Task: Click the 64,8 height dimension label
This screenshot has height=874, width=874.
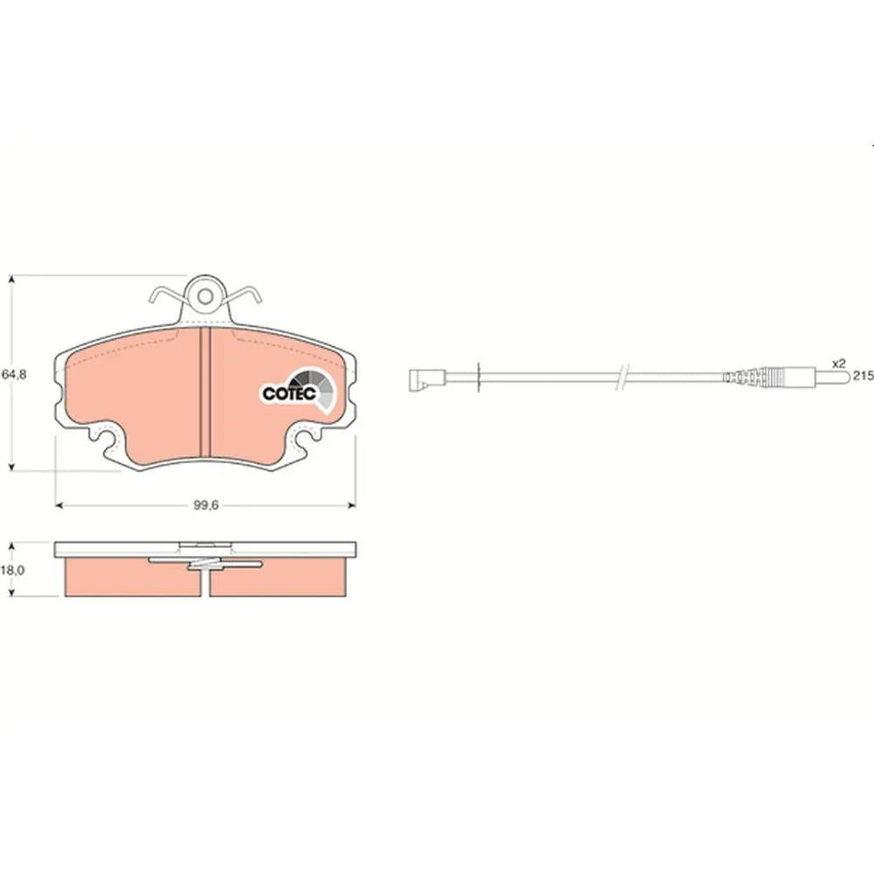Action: (14, 374)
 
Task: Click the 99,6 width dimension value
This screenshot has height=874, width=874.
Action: (205, 505)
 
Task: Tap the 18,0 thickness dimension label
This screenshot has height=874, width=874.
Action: (12, 570)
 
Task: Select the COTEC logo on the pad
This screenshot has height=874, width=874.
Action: (299, 391)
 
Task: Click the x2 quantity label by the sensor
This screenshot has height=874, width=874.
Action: (839, 364)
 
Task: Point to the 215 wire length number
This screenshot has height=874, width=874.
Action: (863, 376)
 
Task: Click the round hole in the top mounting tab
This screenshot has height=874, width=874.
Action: (205, 296)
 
